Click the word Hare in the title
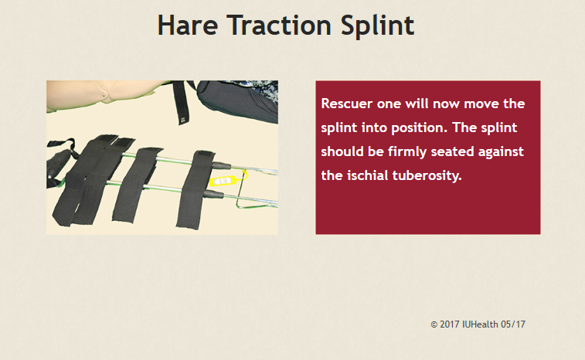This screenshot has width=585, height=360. (188, 25)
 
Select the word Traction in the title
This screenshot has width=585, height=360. (279, 25)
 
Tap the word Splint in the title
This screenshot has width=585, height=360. (377, 26)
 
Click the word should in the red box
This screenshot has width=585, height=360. (342, 151)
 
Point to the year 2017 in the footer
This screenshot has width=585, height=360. (450, 324)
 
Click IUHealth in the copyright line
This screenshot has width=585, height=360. (480, 324)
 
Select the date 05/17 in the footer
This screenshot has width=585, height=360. (513, 324)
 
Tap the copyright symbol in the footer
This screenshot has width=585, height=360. (434, 324)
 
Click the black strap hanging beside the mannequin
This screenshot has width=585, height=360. (180, 103)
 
